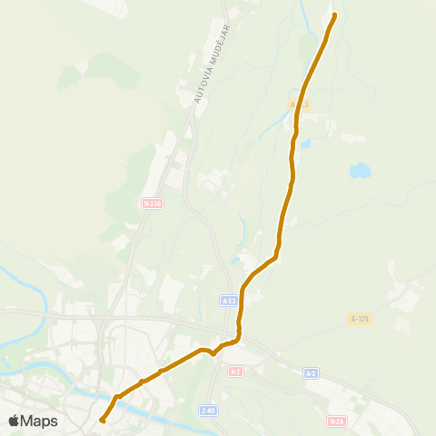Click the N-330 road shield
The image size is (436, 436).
pos(151,203)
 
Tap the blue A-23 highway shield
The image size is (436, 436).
pos(230,300)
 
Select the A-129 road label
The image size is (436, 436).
pos(360,319)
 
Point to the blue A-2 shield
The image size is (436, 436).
pos(312,373)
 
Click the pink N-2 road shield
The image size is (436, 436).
pos(235,372)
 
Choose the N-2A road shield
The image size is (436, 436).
pos(337,421)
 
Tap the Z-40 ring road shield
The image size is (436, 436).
pos(209,411)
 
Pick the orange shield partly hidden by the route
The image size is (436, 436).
pos(299,104)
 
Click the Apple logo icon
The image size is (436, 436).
pos(14,421)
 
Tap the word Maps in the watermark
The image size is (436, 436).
pos(39,421)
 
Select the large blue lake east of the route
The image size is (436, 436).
pos(360,170)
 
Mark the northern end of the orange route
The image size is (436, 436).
pos(333,15)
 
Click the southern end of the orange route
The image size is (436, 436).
pos(102,420)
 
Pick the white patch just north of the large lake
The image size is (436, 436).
pos(353,138)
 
